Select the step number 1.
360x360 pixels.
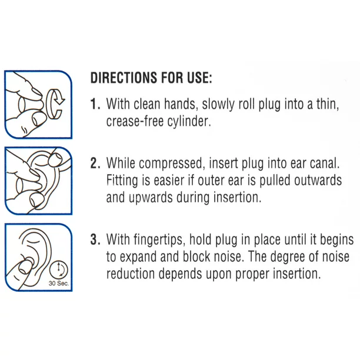click(95, 104)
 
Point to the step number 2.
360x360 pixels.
click(95, 163)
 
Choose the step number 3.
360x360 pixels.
click(95, 239)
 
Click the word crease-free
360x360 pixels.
click(135, 121)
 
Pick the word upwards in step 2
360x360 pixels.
click(151, 198)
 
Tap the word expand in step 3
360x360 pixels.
click(138, 257)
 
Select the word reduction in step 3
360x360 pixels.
click(131, 274)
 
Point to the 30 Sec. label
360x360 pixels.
click(59, 284)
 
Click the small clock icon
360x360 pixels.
click(59, 269)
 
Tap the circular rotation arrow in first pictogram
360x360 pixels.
click(55, 103)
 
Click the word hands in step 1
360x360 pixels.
click(181, 104)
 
